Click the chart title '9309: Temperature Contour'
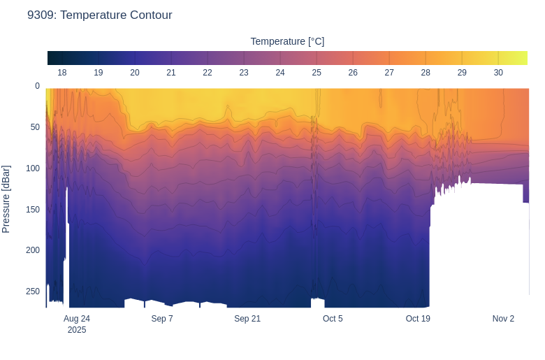tap(99, 15)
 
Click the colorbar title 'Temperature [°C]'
tap(287, 41)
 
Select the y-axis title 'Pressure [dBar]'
tap(6, 199)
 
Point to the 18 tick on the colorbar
tap(62, 73)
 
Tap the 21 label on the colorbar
tap(171, 73)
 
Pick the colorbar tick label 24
tap(280, 73)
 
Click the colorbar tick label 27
tap(389, 73)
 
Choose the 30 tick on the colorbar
tap(498, 73)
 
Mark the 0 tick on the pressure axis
tap(37, 86)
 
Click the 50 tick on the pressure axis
tap(35, 127)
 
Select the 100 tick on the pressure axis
tap(33, 168)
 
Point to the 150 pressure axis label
tap(33, 209)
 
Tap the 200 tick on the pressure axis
tap(33, 250)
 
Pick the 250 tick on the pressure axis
tap(33, 291)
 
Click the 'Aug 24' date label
tap(77, 319)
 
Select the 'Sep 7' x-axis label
tap(162, 319)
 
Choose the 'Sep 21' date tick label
tap(247, 319)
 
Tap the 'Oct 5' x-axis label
tap(333, 319)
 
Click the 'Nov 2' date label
tap(503, 319)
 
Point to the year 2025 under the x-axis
tap(77, 330)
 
